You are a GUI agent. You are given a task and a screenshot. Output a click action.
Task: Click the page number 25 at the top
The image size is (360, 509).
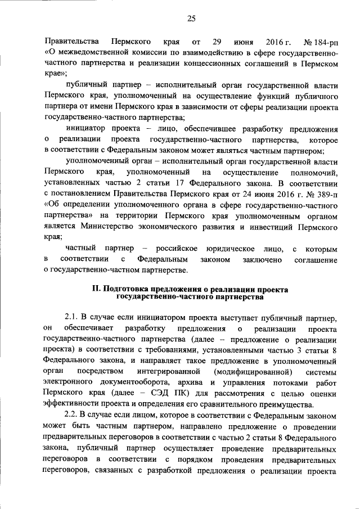pos(191,19)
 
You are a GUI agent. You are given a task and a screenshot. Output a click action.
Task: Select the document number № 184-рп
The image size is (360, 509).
pos(320,43)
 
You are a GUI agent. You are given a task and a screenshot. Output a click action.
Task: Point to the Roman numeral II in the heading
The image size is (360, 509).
pos(96,289)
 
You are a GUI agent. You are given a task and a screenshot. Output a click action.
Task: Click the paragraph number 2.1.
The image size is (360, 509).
pos(73,319)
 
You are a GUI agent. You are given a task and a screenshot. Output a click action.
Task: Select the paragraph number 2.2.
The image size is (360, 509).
pos(73,414)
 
